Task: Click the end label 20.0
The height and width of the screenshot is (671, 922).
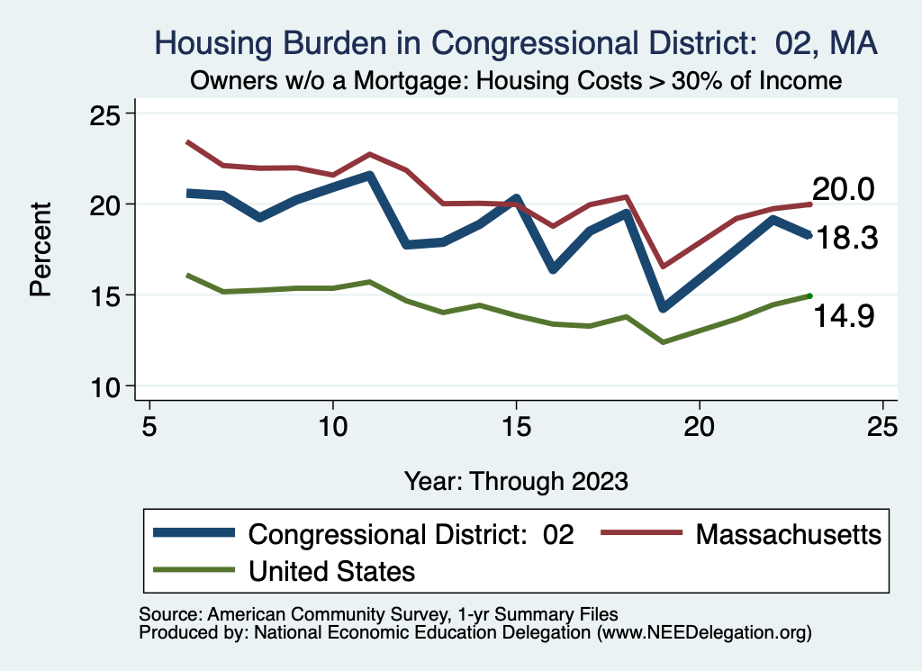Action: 844,190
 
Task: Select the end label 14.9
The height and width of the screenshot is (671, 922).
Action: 844,316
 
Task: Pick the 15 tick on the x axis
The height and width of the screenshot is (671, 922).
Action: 516,426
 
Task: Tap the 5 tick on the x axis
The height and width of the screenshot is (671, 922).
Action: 149,426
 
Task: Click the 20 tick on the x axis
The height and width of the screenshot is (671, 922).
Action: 700,426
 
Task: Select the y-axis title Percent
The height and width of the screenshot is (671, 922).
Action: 40,249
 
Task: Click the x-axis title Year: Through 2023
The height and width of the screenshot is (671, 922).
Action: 516,481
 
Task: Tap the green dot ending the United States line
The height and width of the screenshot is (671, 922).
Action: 810,295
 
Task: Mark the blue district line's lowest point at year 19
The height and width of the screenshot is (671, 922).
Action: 664,308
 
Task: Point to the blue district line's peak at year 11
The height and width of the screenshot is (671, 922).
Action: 370,175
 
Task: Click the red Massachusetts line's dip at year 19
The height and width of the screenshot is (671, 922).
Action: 664,267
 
